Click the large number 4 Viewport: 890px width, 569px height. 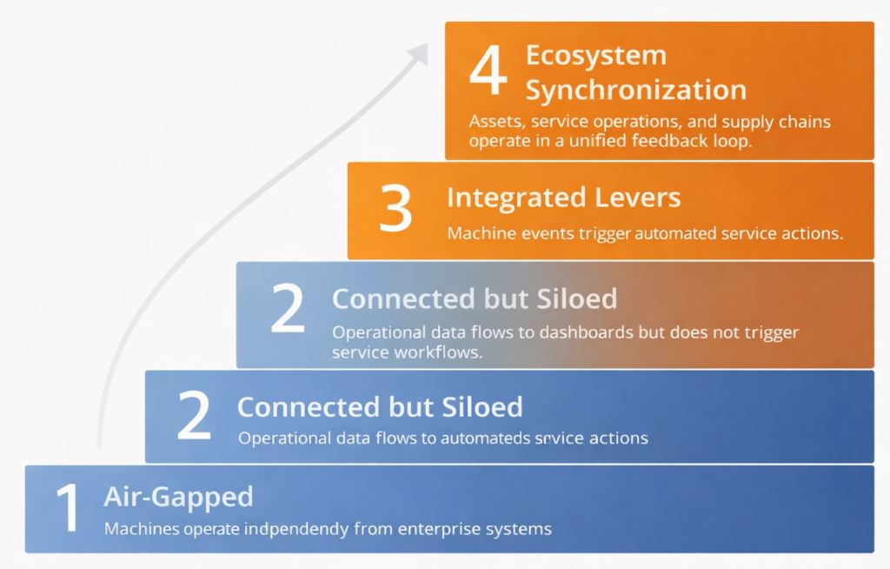(488, 71)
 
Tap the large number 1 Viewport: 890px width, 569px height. (67, 509)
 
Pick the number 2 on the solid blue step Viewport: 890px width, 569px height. (194, 416)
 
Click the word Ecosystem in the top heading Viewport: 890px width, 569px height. (595, 56)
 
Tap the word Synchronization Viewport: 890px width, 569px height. (635, 90)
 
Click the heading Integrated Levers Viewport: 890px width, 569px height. (563, 197)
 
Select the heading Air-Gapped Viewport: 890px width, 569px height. (178, 497)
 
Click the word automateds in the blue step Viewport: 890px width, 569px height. (484, 438)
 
